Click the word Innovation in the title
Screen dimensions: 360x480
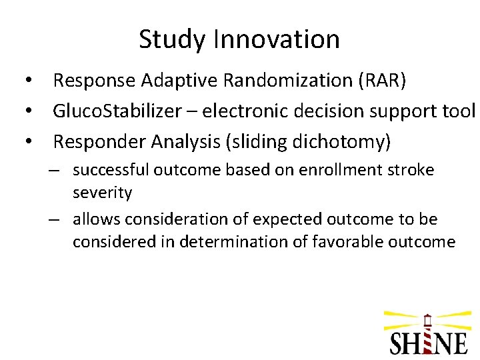(276, 39)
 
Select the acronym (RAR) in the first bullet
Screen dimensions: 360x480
(381, 81)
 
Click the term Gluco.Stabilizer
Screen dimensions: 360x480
(117, 111)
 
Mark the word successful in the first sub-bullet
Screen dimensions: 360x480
(111, 170)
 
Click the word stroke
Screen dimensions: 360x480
(411, 170)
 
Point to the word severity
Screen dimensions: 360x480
(102, 193)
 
